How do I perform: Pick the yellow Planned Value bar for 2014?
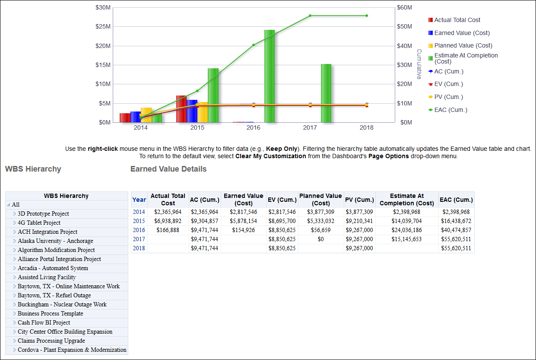pos(146,115)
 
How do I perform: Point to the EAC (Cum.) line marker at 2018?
pos(367,16)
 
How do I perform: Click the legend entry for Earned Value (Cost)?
pos(462,33)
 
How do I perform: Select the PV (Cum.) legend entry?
pos(448,97)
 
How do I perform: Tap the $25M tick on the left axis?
pos(103,26)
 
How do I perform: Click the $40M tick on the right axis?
pos(405,46)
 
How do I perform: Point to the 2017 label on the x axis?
pos(310,128)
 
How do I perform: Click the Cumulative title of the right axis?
pos(419,64)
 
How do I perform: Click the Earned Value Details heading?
pos(168,169)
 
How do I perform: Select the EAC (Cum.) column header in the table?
pos(456,200)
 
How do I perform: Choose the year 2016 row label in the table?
pos(139,230)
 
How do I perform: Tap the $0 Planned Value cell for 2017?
pos(320,239)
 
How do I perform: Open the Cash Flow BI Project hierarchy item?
pos(44,323)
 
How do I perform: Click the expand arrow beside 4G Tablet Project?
pos(14,223)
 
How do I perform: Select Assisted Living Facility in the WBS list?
pos(47,277)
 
